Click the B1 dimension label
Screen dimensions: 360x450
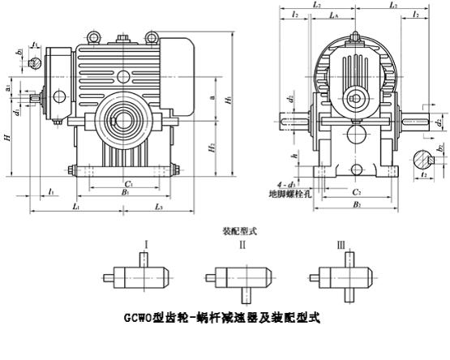[125, 194]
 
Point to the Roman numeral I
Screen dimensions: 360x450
[145, 242]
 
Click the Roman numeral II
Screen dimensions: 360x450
[242, 242]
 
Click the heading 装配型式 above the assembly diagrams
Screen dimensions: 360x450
[239, 230]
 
